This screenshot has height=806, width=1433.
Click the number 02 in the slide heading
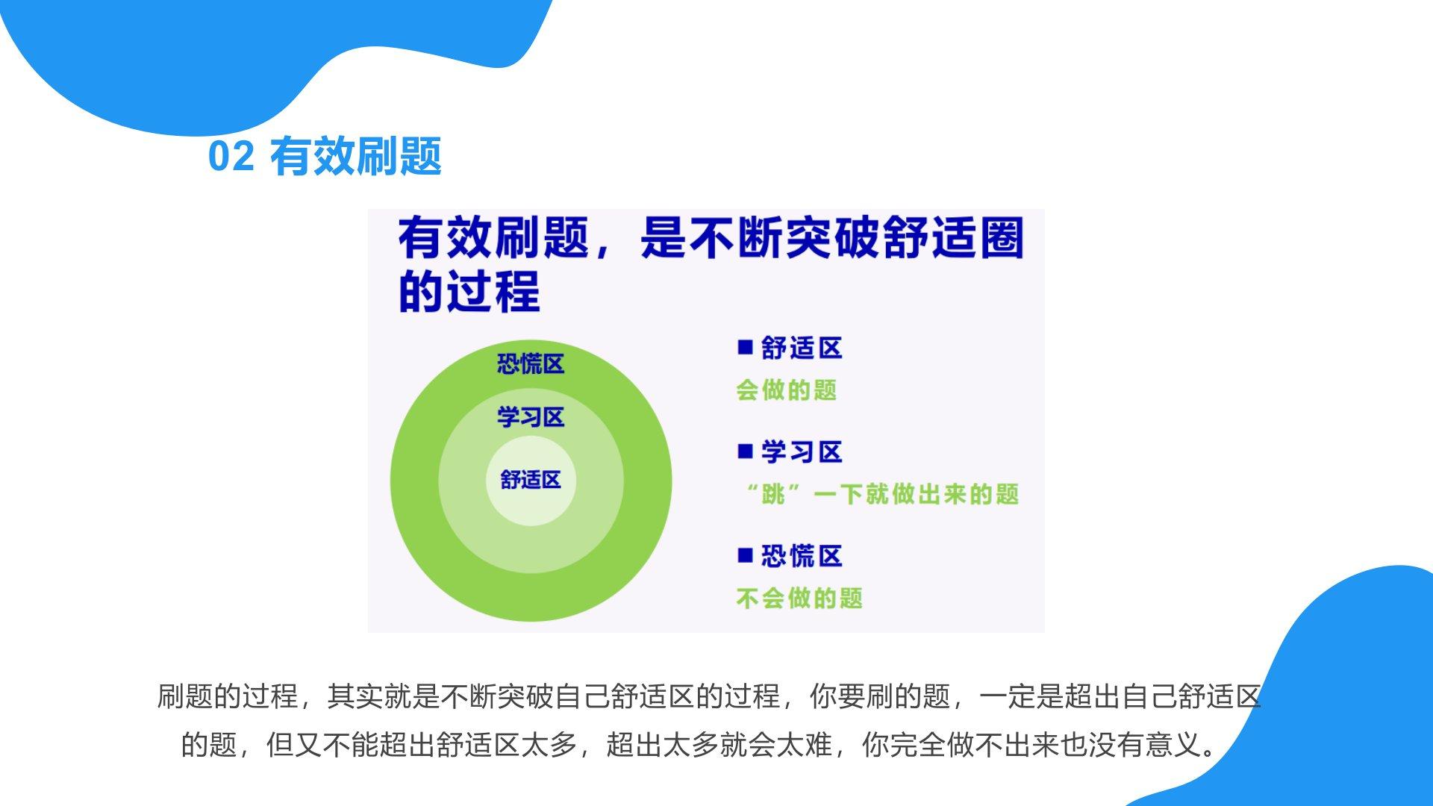231,157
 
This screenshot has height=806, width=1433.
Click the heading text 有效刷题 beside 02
356,157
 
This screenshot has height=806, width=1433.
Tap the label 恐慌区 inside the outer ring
531,364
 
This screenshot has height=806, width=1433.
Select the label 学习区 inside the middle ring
531,416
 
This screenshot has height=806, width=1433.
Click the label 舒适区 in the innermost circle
531,479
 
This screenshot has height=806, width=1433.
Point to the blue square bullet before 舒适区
745,347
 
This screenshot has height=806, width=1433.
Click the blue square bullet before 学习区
745,451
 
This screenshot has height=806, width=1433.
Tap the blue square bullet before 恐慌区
745,555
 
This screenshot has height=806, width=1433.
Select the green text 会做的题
787,390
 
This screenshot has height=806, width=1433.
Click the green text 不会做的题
799,598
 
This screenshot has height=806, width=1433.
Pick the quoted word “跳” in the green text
773,493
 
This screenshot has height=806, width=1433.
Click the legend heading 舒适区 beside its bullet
802,348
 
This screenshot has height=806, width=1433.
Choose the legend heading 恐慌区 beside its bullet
802,556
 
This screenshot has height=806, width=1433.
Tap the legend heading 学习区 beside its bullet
802,452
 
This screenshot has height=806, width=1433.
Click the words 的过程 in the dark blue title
469,291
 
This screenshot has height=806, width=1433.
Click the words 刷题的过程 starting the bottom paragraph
228,696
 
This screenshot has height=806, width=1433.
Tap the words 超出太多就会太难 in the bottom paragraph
719,744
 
